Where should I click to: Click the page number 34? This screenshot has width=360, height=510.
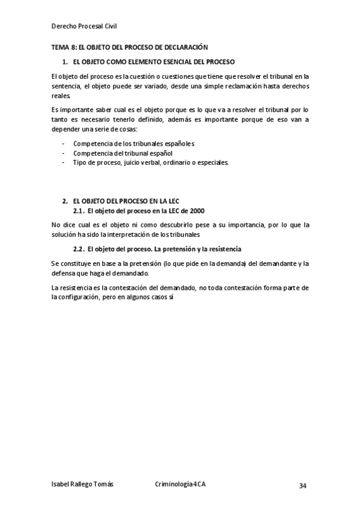pyautogui.click(x=303, y=485)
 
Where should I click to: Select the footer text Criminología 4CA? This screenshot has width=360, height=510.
pyautogui.click(x=180, y=484)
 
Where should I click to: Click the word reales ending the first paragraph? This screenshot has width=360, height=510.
pyautogui.click(x=61, y=95)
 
